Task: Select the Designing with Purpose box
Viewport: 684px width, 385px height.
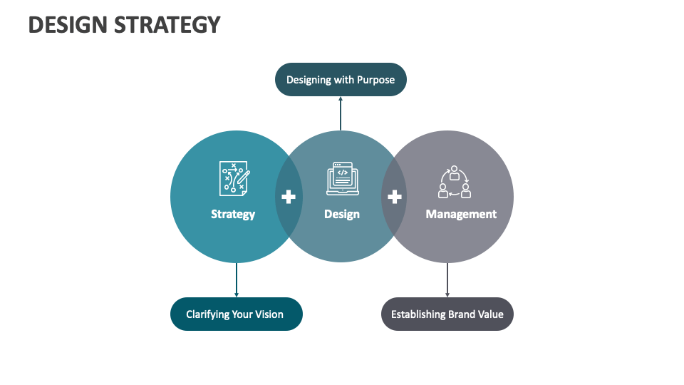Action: tap(341, 80)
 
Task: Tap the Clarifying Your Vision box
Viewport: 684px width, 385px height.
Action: tap(236, 314)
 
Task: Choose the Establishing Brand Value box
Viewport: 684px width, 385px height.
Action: tap(447, 314)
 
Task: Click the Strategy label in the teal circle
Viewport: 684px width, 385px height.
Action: tap(233, 214)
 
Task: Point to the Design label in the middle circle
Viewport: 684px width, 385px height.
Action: tap(342, 214)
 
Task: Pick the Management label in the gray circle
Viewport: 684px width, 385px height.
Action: tap(461, 214)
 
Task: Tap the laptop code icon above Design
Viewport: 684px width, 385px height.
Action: tap(343, 178)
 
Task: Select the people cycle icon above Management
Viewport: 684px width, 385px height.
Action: tap(454, 183)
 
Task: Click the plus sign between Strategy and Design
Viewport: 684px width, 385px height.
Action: tap(289, 197)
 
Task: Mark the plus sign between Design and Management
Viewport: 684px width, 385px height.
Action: tap(395, 197)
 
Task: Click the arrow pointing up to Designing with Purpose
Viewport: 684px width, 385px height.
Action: tap(341, 113)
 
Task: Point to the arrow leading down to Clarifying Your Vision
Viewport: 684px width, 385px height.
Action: tap(237, 280)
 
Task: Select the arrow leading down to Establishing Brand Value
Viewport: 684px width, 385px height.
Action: tap(447, 280)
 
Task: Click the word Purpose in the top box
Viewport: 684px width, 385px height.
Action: tap(375, 80)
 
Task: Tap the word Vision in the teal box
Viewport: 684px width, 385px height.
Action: tap(269, 314)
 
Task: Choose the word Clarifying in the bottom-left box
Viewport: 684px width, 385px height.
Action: tap(208, 314)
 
